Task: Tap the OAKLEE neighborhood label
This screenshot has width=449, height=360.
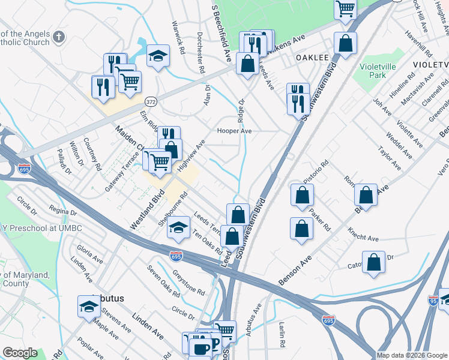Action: tap(312, 58)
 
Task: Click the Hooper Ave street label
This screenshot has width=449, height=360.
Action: tap(234, 130)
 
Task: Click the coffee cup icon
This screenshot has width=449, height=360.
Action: tap(200, 349)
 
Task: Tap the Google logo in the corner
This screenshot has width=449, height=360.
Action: tap(20, 353)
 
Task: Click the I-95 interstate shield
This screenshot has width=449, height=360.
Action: tap(433, 299)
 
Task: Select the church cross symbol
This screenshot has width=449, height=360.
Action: tap(58, 37)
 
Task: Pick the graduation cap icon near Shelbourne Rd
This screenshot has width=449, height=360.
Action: tap(178, 227)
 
